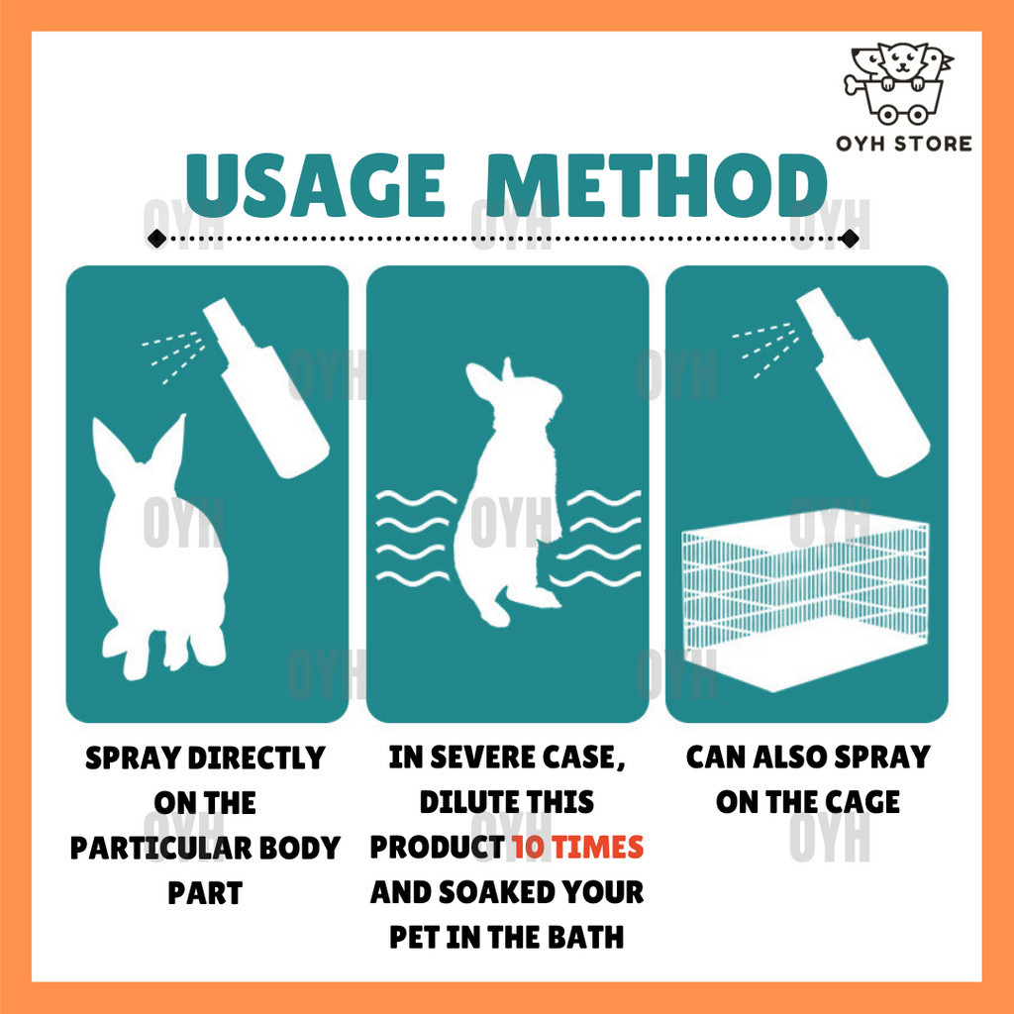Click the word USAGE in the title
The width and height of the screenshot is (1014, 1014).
click(x=315, y=185)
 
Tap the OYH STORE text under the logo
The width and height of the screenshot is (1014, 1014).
click(x=903, y=144)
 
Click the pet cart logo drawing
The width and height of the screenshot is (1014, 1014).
click(x=897, y=83)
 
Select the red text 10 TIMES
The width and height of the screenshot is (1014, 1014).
click(x=577, y=848)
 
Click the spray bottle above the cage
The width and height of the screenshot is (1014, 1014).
click(x=862, y=381)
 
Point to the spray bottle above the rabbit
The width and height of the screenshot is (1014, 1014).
click(x=265, y=387)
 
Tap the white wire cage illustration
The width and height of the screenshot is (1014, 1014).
click(x=805, y=603)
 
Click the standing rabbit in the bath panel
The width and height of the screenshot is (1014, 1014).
click(x=511, y=491)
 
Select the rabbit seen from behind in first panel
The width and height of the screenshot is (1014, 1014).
click(x=161, y=550)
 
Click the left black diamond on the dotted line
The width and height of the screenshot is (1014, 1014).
click(x=156, y=239)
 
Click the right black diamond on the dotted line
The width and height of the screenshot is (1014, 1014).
click(x=850, y=239)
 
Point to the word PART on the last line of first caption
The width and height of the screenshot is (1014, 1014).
click(x=205, y=893)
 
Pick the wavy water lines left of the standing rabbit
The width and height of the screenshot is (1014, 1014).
click(x=415, y=538)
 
